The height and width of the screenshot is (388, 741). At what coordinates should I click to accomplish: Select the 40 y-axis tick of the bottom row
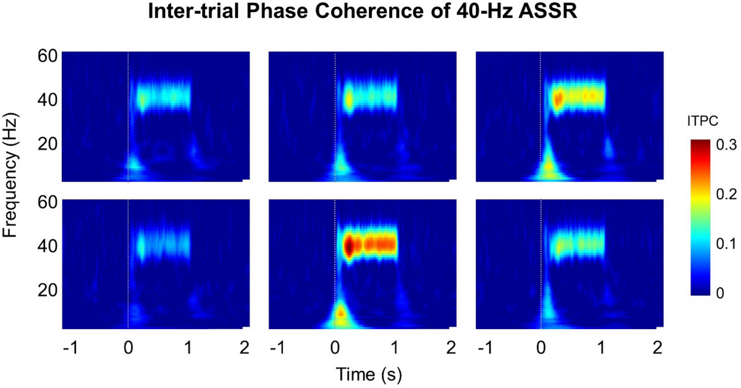pos(48,245)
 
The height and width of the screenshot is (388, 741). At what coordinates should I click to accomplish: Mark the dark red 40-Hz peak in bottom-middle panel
pos(349,246)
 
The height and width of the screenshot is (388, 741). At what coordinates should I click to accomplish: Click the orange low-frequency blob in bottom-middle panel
pos(340,313)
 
